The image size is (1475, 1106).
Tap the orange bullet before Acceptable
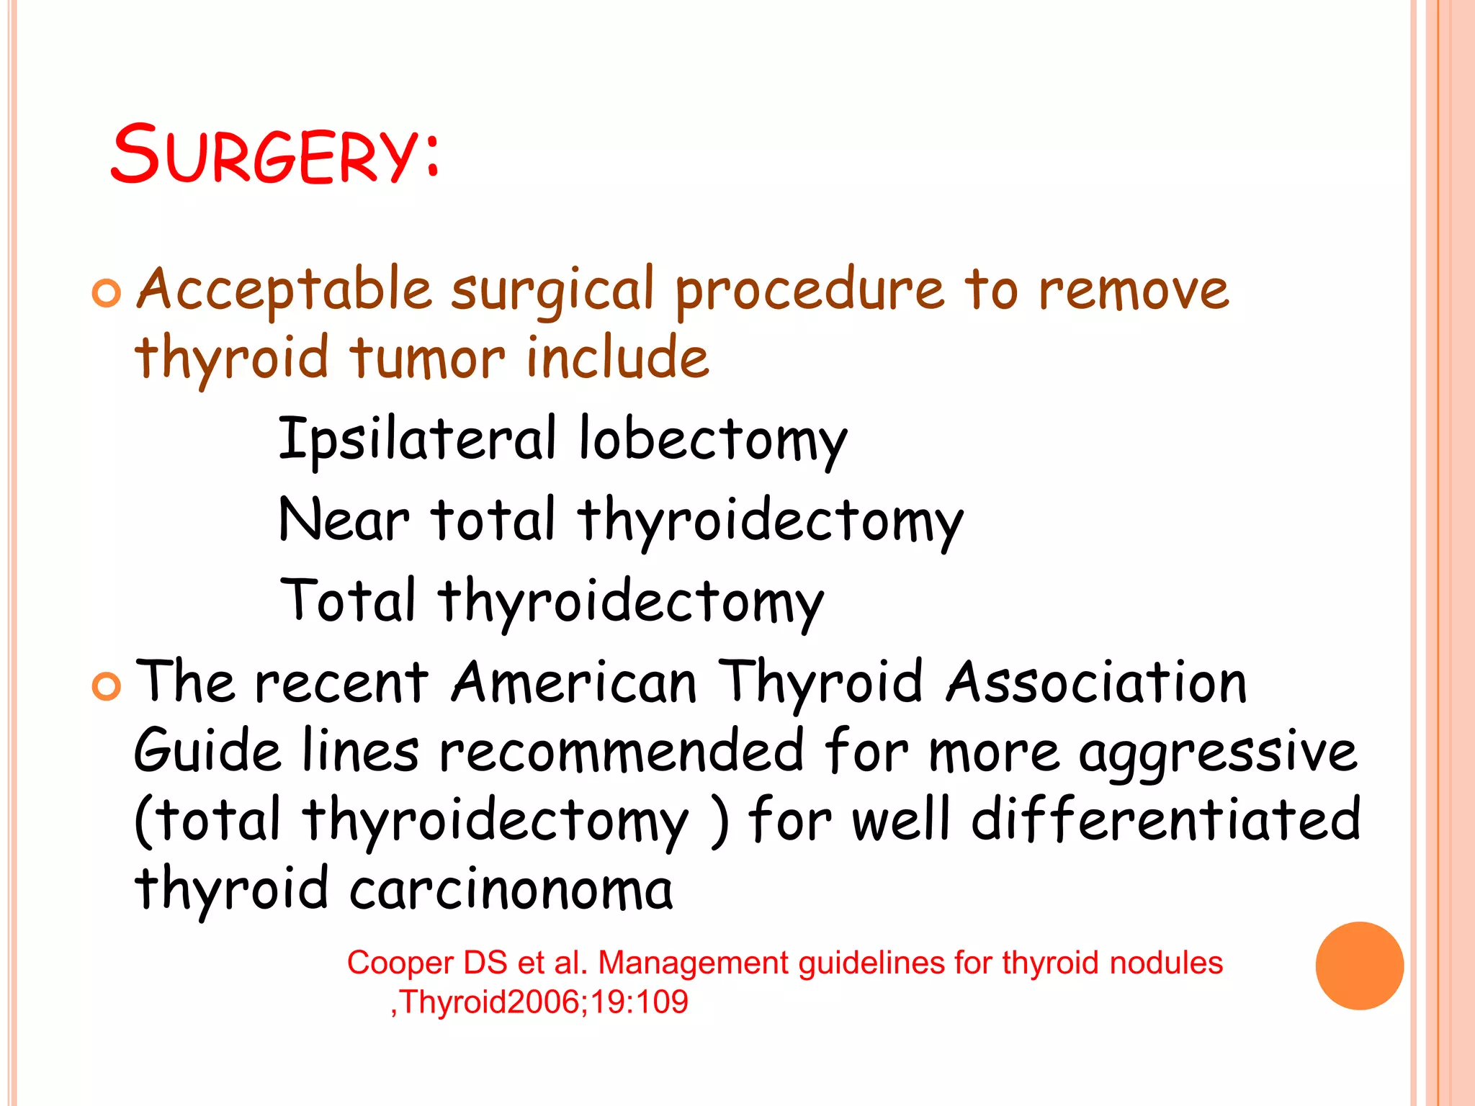(107, 294)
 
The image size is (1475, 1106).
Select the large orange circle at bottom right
(1359, 966)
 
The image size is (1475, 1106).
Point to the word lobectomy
(713, 441)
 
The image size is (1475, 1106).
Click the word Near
(344, 520)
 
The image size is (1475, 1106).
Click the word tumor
(428, 358)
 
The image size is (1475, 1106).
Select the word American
(574, 683)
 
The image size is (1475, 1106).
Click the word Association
(1095, 683)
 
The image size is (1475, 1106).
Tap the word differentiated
(1165, 820)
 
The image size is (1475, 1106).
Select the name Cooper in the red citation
(400, 963)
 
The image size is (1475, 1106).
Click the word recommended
(621, 751)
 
